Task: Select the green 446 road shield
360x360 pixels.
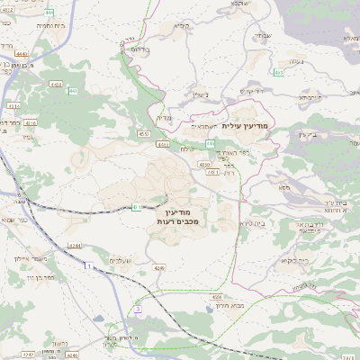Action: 209,143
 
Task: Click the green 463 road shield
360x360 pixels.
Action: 279,72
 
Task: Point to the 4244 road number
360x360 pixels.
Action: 74,245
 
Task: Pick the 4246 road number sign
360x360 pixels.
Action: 159,267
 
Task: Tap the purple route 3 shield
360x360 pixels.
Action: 138,309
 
